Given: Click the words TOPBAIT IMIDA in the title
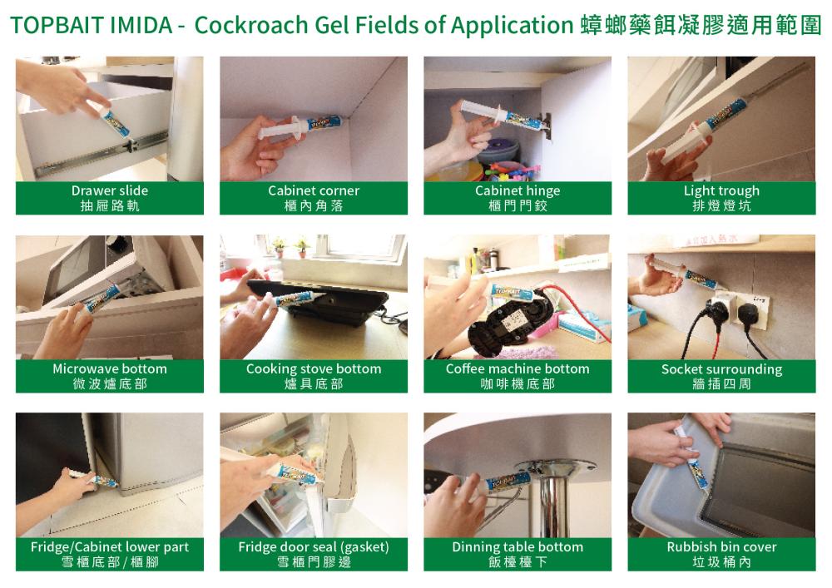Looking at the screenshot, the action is point(91,25).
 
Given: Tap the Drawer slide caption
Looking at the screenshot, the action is point(110,190).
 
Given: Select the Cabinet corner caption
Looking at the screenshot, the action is point(314,190).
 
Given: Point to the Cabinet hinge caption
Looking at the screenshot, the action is point(518,191).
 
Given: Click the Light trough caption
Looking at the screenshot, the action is point(721,191).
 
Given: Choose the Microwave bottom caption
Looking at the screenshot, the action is point(110,368).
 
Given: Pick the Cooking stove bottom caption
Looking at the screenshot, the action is point(314,369).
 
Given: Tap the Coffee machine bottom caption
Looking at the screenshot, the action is point(518,368).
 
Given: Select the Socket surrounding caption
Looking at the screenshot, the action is point(721,369).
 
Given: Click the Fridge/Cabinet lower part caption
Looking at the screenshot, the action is point(110,547).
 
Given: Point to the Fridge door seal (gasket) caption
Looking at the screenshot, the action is point(314,547).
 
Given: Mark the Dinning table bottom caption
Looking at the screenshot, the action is point(518,547).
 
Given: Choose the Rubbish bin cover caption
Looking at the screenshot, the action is point(721,546).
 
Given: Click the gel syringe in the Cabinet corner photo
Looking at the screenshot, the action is point(300,127).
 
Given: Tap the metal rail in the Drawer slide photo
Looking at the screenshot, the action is point(101,155).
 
